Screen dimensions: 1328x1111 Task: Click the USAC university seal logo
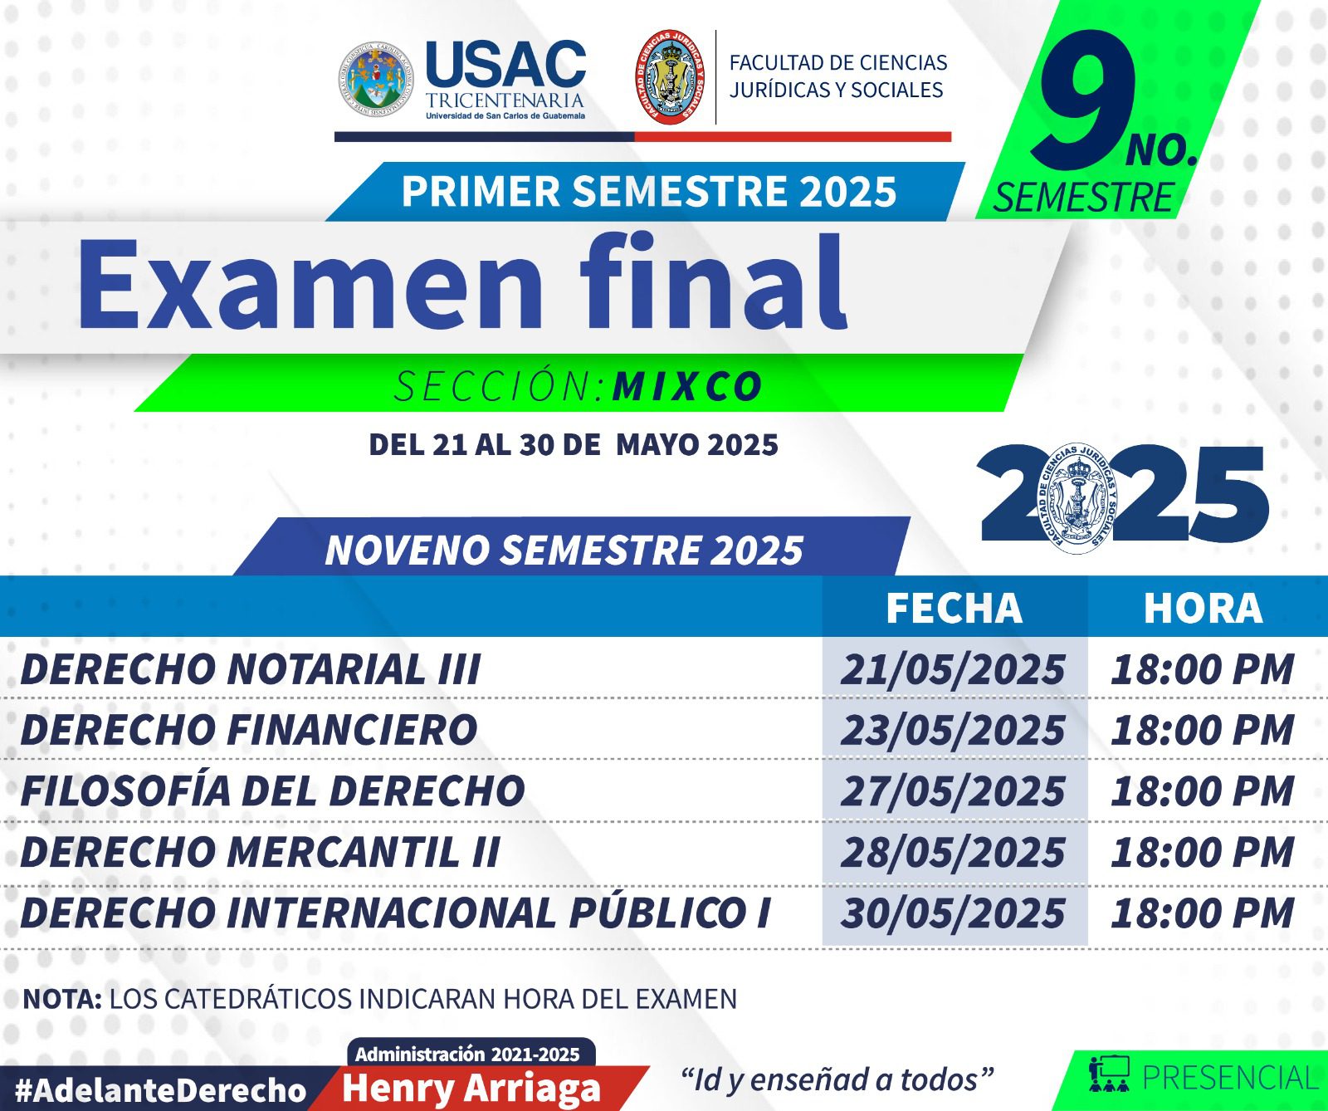(376, 79)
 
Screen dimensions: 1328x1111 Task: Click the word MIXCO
(687, 386)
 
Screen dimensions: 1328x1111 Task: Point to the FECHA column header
(954, 608)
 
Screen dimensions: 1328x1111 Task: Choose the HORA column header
(1203, 608)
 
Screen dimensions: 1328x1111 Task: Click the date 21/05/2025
(953, 669)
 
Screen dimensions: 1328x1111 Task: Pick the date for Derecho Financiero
(953, 730)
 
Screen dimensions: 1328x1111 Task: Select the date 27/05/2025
(953, 790)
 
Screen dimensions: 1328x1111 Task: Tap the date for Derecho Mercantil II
(953, 852)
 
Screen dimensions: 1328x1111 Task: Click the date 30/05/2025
(953, 913)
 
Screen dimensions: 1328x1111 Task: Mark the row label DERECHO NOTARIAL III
(251, 669)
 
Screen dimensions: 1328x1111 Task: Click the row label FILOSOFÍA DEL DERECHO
(273, 790)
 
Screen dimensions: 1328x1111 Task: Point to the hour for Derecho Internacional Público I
(1203, 913)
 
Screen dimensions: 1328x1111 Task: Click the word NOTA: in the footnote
(62, 998)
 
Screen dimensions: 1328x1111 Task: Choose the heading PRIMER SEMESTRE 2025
(649, 191)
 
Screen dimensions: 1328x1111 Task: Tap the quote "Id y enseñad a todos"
(837, 1079)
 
